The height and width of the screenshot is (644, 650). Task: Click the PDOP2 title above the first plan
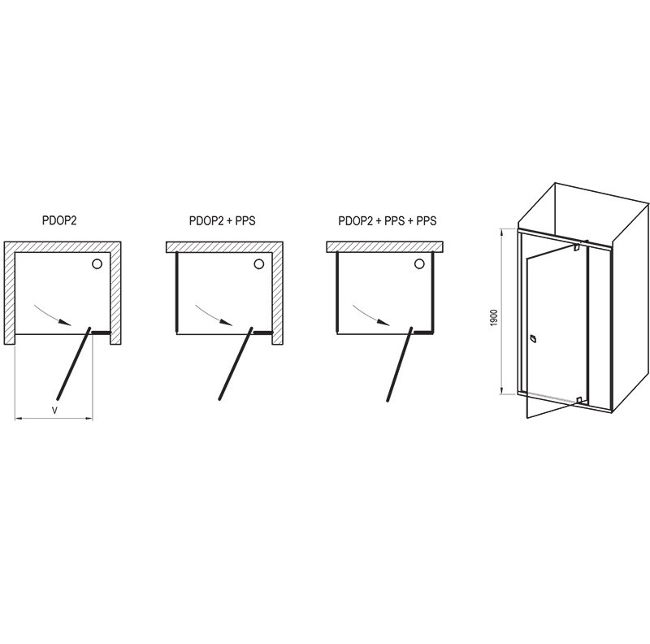(59, 220)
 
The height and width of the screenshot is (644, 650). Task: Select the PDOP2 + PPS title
(222, 220)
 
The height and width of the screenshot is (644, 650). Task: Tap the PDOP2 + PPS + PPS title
(388, 220)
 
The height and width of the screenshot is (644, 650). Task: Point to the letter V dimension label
(54, 411)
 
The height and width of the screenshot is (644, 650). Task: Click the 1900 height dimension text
(493, 317)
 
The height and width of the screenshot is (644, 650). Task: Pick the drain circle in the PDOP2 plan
(97, 264)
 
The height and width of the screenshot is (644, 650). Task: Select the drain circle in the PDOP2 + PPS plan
(258, 264)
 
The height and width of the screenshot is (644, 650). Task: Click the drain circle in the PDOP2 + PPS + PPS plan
(419, 264)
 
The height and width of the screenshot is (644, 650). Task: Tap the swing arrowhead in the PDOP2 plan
(66, 323)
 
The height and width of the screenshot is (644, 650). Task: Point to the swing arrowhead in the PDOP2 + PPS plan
(227, 323)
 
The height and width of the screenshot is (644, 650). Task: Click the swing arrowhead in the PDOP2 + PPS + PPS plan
(383, 323)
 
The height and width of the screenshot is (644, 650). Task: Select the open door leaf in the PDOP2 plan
(73, 364)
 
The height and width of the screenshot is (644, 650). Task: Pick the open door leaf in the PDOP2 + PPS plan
(235, 364)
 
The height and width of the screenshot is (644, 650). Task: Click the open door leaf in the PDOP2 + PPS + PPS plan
(399, 364)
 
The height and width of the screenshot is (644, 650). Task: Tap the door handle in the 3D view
(533, 338)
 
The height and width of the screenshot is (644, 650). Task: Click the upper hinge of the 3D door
(576, 248)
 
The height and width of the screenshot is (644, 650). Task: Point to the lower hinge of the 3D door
(579, 400)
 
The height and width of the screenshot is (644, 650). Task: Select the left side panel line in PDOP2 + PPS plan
(177, 293)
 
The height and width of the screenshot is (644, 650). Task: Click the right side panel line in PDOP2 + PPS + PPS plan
(432, 293)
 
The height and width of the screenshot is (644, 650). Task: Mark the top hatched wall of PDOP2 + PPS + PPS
(384, 247)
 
